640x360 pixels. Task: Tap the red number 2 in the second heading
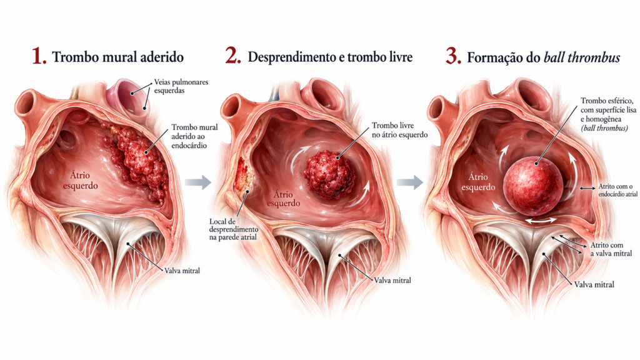click(232, 56)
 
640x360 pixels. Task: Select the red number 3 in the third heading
click(452, 56)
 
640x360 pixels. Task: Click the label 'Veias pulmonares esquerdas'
click(181, 86)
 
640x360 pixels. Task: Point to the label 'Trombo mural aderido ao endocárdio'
click(194, 136)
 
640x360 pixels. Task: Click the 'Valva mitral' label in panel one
click(182, 271)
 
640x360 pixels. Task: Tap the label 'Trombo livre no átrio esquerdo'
click(399, 130)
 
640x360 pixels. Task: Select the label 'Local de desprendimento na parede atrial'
click(234, 229)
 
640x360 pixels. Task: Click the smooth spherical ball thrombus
click(533, 186)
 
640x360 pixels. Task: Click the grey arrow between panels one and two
click(198, 182)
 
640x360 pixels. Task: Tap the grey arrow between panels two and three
click(409, 182)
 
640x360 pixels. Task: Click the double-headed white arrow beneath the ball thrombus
click(540, 221)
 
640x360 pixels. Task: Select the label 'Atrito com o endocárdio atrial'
click(618, 190)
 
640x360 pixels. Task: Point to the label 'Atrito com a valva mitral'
click(611, 249)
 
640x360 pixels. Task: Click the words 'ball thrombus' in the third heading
click(582, 57)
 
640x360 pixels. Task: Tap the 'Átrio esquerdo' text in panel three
click(478, 182)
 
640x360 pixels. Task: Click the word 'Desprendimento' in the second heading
click(292, 57)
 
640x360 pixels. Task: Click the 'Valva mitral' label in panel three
click(594, 284)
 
